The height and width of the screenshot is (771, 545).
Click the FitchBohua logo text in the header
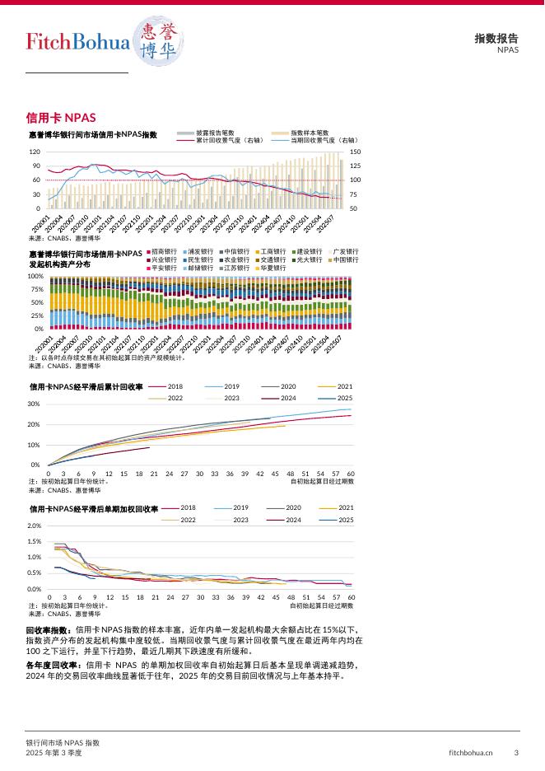(x=78, y=42)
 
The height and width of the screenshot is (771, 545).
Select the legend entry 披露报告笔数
(x=216, y=132)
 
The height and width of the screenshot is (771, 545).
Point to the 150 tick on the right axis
(x=355, y=152)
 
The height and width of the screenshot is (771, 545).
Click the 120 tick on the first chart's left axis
(x=35, y=152)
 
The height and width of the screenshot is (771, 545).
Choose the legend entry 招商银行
(x=165, y=251)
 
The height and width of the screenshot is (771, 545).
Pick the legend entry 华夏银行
(x=274, y=268)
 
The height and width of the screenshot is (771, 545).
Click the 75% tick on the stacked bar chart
(x=35, y=289)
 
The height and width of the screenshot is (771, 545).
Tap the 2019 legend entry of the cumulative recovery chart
(x=231, y=386)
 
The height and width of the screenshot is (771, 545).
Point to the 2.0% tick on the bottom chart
(x=35, y=526)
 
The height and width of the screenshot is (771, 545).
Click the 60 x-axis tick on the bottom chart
(x=351, y=596)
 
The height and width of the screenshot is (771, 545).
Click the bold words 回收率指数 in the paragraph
(x=49, y=629)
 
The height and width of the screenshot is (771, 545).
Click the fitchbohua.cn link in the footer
(x=471, y=752)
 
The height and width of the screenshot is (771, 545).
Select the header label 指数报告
(x=496, y=38)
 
